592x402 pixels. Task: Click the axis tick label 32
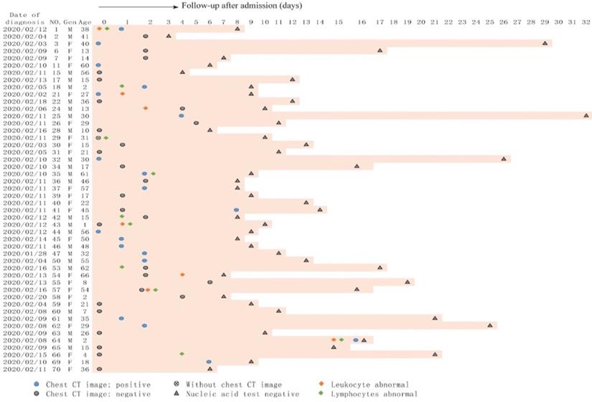pos(586,22)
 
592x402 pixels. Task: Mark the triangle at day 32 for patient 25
pos(586,116)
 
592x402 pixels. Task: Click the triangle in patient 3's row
pos(545,43)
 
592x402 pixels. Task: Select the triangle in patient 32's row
pos(504,159)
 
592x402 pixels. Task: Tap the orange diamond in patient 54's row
pos(182,275)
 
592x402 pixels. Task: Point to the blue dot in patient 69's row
pos(209,362)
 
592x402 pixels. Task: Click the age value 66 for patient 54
pos(85,275)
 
